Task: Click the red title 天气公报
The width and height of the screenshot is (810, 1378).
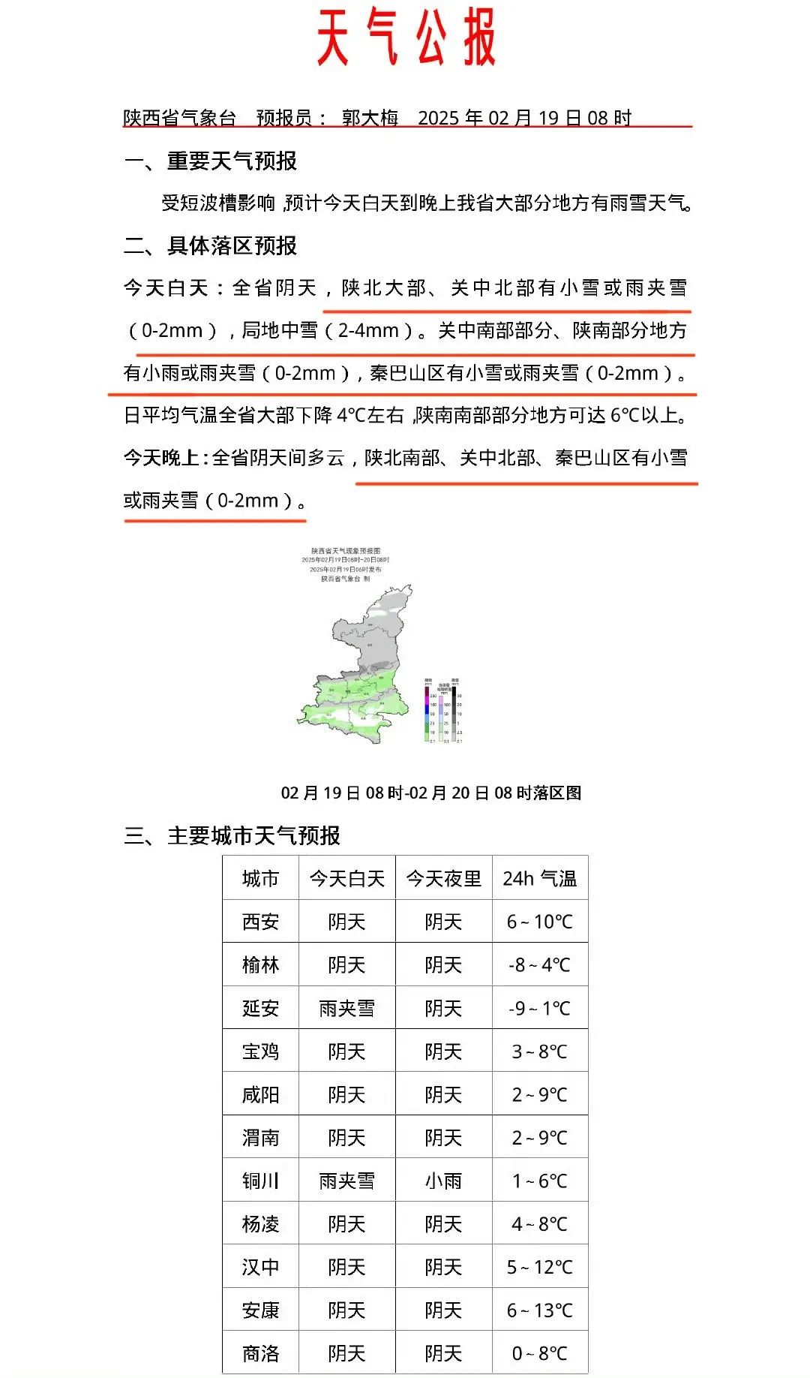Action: pos(406,38)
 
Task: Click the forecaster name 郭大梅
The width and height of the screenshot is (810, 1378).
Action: pos(370,118)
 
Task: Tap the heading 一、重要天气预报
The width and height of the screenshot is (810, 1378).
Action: pos(211,161)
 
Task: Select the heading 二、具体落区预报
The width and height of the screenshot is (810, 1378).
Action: pos(211,245)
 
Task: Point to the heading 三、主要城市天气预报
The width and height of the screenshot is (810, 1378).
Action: pos(232,835)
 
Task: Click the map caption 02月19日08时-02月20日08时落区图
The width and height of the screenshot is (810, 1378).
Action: pos(430,793)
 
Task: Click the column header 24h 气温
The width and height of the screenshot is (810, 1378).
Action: pos(540,878)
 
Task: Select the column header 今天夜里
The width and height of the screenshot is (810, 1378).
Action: pos(443,878)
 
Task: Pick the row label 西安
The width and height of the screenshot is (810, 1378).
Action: pos(260,922)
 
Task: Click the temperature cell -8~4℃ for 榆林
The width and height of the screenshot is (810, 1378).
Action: pos(540,964)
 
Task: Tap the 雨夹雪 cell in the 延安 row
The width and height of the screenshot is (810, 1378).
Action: pos(346,1008)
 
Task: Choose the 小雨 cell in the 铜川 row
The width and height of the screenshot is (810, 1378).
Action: pos(443,1181)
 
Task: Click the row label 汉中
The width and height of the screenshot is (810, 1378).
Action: pos(260,1267)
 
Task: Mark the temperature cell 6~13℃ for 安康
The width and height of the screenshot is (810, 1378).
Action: pos(540,1310)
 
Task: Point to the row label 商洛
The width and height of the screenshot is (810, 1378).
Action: pos(260,1353)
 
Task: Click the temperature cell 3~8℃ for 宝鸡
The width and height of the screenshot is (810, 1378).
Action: pos(540,1052)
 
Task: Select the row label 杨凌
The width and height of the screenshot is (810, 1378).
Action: pos(260,1224)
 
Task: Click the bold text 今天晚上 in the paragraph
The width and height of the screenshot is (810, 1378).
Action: pos(161,458)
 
